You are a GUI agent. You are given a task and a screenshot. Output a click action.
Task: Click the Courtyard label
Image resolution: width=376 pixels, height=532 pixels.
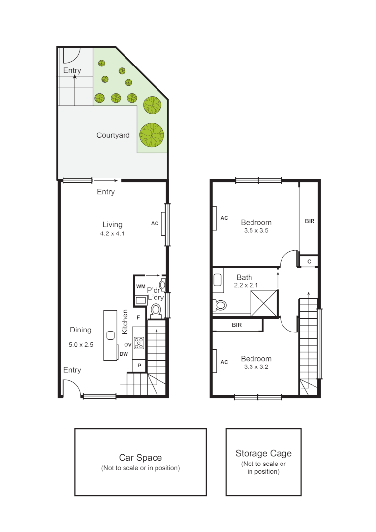(x=113, y=135)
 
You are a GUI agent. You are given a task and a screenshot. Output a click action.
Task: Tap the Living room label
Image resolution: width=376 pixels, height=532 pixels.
(x=112, y=225)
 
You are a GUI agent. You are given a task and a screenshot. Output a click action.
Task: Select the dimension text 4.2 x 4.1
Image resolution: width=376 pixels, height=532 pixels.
(x=112, y=234)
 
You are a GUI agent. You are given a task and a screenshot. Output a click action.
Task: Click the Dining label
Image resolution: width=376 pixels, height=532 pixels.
(x=80, y=330)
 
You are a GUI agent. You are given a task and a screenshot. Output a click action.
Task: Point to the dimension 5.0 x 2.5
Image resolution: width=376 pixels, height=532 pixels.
(x=81, y=345)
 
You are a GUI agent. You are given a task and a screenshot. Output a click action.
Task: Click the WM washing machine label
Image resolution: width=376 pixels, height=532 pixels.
(x=141, y=286)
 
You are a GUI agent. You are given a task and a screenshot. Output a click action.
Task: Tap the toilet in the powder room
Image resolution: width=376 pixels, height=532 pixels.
(x=157, y=310)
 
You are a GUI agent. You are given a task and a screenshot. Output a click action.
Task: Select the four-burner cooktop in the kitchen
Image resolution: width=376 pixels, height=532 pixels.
(x=139, y=342)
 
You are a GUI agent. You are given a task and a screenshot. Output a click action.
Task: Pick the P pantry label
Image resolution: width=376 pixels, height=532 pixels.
(x=139, y=366)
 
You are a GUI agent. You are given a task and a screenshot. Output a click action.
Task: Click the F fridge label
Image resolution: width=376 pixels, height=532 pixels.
(x=139, y=318)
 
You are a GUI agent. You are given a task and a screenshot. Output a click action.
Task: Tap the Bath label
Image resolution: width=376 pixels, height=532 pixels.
(x=244, y=277)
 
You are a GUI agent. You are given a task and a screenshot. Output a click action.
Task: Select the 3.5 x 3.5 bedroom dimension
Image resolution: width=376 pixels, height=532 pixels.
(x=256, y=230)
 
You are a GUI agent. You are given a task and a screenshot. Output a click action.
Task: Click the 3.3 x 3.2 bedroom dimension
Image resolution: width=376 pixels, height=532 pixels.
(x=256, y=366)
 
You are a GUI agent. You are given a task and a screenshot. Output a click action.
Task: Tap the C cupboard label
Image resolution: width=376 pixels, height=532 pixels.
(x=309, y=261)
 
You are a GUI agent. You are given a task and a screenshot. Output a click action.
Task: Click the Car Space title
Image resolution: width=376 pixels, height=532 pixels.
(x=140, y=458)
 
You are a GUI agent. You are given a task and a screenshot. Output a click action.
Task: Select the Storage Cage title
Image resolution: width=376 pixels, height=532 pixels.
(x=263, y=454)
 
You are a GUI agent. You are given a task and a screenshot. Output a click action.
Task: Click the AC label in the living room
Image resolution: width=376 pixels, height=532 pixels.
(x=155, y=223)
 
